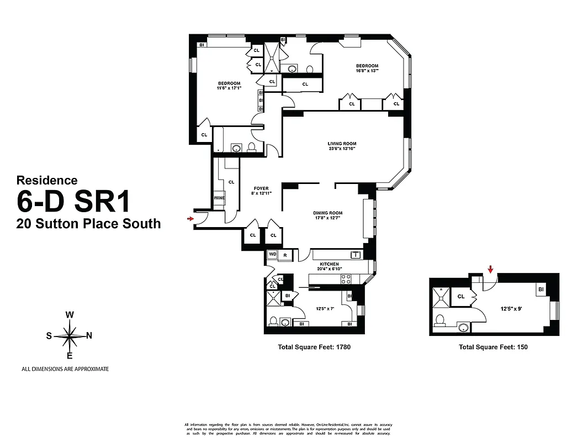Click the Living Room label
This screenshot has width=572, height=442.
342,144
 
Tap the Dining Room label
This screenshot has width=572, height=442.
328,213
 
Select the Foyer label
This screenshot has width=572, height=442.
261,188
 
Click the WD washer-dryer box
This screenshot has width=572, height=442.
272,255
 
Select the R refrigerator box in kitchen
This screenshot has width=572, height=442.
285,255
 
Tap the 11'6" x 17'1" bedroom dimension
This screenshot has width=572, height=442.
229,88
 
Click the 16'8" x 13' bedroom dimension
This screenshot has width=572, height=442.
367,71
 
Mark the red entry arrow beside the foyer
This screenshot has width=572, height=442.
190,219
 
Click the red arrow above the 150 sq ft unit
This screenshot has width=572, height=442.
490,270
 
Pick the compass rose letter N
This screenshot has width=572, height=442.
89,335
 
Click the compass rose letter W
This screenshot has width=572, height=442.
70,315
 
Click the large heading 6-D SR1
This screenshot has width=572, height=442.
73,202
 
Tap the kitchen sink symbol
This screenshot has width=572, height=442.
356,254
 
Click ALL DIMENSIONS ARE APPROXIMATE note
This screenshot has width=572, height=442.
65,369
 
